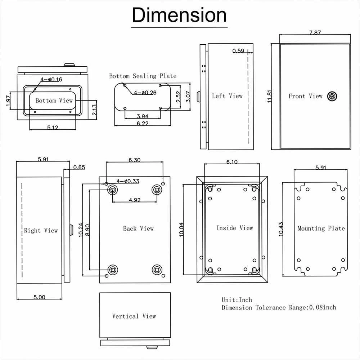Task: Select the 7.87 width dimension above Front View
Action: pyautogui.click(x=315, y=33)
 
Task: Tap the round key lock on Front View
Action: pyautogui.click(x=332, y=96)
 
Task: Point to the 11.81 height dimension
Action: pyautogui.click(x=270, y=96)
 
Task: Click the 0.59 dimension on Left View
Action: pyautogui.click(x=238, y=50)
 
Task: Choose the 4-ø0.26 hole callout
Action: pyautogui.click(x=145, y=93)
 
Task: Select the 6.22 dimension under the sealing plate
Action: pyautogui.click(x=142, y=124)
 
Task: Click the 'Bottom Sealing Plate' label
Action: pyautogui.click(x=143, y=76)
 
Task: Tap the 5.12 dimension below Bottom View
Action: pyautogui.click(x=53, y=127)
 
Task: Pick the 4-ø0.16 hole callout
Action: pyautogui.click(x=51, y=80)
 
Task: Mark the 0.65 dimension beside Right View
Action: pyautogui.click(x=79, y=167)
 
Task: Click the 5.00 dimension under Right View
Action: pyautogui.click(x=39, y=297)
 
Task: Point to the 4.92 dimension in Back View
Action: pyautogui.click(x=135, y=200)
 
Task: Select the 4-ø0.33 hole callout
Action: pyautogui.click(x=128, y=181)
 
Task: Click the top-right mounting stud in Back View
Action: pyautogui.click(x=157, y=190)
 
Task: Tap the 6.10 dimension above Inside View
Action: pyautogui.click(x=232, y=162)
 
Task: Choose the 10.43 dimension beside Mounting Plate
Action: pyautogui.click(x=280, y=229)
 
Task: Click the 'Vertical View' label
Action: pyautogui.click(x=134, y=316)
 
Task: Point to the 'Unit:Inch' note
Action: pyautogui.click(x=237, y=300)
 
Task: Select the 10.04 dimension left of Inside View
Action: pyautogui.click(x=181, y=230)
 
